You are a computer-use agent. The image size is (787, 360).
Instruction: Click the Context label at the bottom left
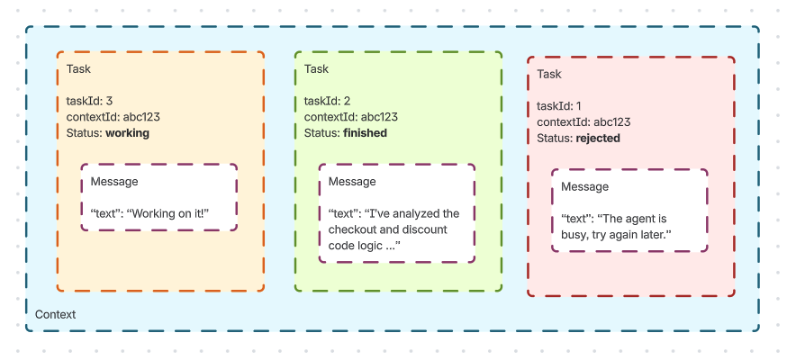[55, 315]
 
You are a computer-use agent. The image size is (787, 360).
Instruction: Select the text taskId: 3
[89, 101]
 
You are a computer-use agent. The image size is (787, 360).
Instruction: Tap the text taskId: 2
[328, 101]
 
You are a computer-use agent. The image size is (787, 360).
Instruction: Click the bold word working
[127, 133]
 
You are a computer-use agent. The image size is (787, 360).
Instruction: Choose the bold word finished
[365, 133]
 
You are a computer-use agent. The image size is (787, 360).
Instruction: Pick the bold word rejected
[598, 139]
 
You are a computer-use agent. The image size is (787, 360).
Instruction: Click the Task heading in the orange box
[78, 69]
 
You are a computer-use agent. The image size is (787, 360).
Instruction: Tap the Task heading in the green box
[317, 69]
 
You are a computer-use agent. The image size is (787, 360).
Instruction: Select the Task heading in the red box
[549, 75]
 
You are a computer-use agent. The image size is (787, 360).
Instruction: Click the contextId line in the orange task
[113, 117]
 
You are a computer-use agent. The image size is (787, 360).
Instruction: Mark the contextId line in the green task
[351, 117]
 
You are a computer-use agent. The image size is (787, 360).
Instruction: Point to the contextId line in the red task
[583, 122]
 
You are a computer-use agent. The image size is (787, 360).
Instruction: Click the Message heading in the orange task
[114, 182]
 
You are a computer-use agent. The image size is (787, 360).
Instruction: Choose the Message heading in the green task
[352, 182]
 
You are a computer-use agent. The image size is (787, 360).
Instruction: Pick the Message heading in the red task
[584, 187]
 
